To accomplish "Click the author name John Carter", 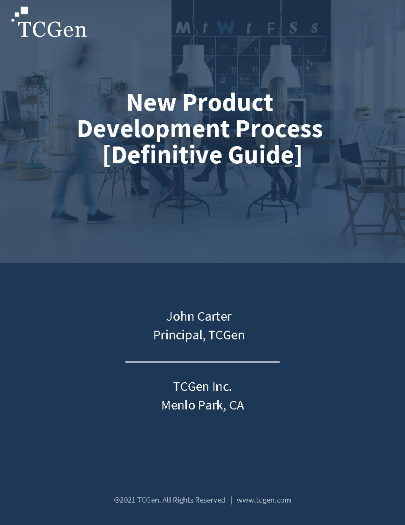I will coord(199,316).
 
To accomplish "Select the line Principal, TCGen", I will coord(199,335).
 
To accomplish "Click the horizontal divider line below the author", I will coord(202,362).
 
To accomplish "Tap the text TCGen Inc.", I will coord(202,386).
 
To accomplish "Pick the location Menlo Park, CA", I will coord(202,405).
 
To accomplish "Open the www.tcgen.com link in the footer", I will coord(264,500).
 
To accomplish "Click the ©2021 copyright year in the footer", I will coord(125,500).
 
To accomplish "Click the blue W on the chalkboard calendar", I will coord(225,27).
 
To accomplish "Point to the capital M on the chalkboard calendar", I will coord(183,28).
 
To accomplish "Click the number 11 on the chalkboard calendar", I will coord(254,70).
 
